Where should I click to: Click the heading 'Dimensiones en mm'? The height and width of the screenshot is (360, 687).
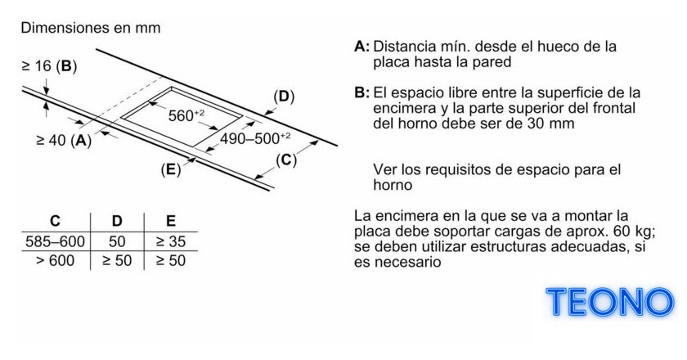91,28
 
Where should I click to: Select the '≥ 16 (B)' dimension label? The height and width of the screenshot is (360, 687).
49,65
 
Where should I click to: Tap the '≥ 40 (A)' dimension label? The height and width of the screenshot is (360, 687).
64,140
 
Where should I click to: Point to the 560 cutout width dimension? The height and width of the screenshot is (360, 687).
186,115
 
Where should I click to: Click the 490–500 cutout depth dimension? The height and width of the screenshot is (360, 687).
255,138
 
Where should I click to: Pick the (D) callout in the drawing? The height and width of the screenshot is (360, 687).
284,97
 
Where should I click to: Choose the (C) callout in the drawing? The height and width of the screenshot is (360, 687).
286,160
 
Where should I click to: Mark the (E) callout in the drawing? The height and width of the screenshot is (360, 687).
171,169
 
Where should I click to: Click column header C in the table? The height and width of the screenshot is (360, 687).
56,221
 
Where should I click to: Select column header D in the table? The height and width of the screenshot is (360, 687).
117,221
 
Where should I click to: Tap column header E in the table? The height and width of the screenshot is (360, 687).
171,221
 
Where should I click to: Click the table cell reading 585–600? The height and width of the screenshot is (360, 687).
56,241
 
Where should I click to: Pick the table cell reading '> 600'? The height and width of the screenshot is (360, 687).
56,261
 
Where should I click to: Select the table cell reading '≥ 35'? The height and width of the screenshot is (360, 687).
171,241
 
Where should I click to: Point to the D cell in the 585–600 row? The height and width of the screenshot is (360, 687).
117,241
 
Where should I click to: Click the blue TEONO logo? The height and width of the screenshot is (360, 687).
610,302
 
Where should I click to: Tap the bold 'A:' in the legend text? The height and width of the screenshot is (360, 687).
361,47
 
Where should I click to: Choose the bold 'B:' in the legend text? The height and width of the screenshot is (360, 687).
361,93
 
